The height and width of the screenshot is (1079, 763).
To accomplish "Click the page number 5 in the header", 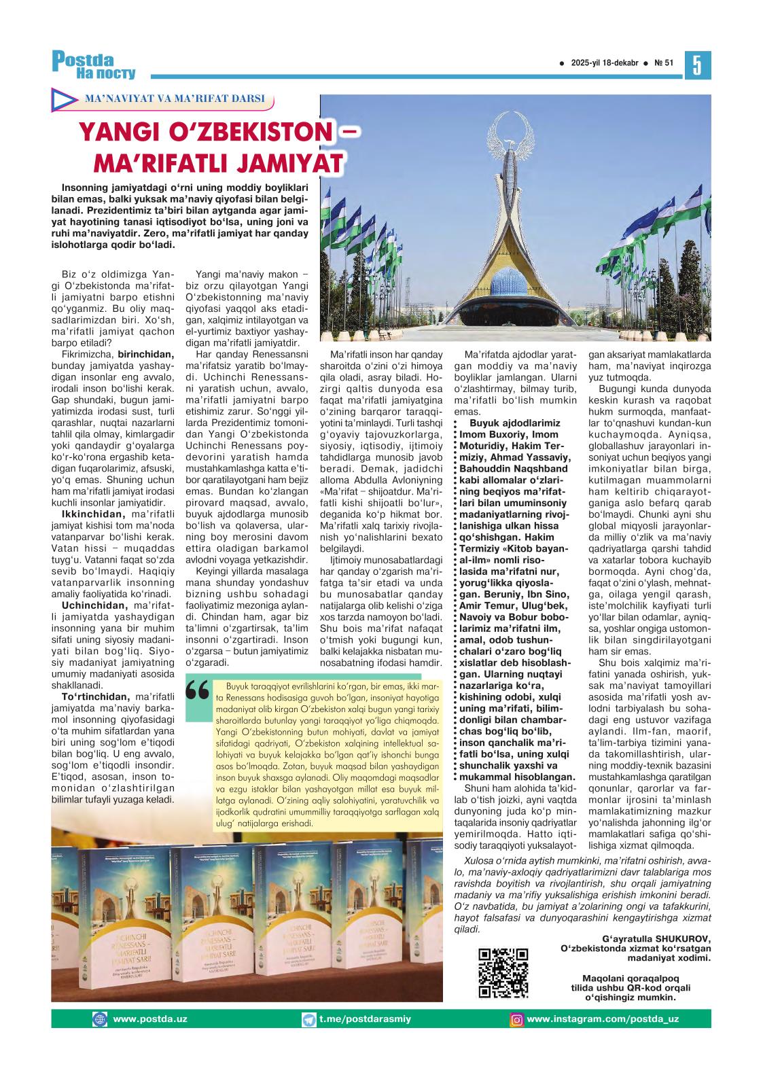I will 696,65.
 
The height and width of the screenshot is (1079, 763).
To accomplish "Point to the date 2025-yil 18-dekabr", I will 604,63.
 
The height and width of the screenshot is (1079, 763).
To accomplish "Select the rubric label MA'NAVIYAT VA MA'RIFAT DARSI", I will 174,99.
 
